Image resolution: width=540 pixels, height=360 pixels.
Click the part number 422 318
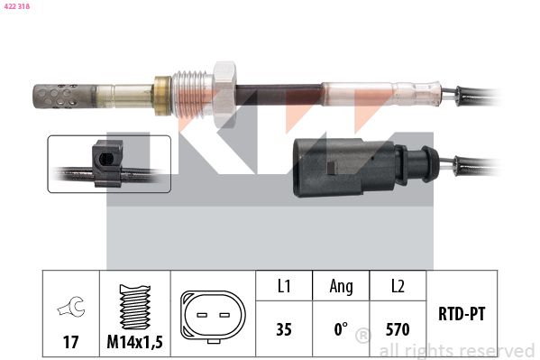[x=16, y=6]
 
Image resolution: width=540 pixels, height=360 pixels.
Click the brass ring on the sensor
[x=162, y=96]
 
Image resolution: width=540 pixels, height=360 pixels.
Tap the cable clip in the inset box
[x=107, y=162]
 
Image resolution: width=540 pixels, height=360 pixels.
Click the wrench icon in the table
[x=71, y=306]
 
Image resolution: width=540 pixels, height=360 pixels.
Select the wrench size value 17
[x=70, y=342]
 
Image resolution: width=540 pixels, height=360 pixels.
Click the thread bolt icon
[x=135, y=307]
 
